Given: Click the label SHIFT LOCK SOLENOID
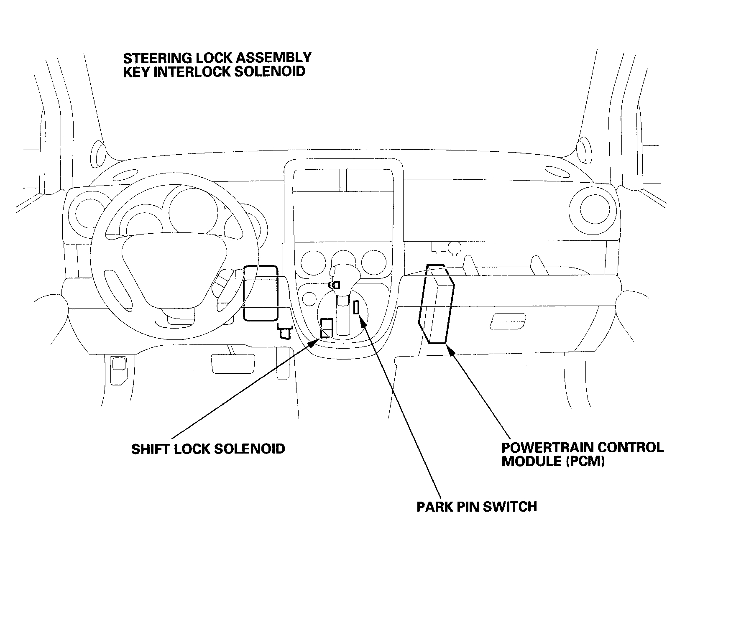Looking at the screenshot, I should tap(208, 449).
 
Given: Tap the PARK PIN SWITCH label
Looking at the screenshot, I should tap(477, 507).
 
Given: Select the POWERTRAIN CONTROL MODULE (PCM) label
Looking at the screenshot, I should tap(582, 454).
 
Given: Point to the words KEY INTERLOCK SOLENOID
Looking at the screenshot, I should tap(214, 71).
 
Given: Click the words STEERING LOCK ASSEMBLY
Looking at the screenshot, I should tap(217, 57).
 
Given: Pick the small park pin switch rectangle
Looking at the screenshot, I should tap(356, 307).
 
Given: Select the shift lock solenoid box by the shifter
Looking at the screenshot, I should tap(327, 328).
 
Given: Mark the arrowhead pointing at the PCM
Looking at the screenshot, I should tap(451, 350).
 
